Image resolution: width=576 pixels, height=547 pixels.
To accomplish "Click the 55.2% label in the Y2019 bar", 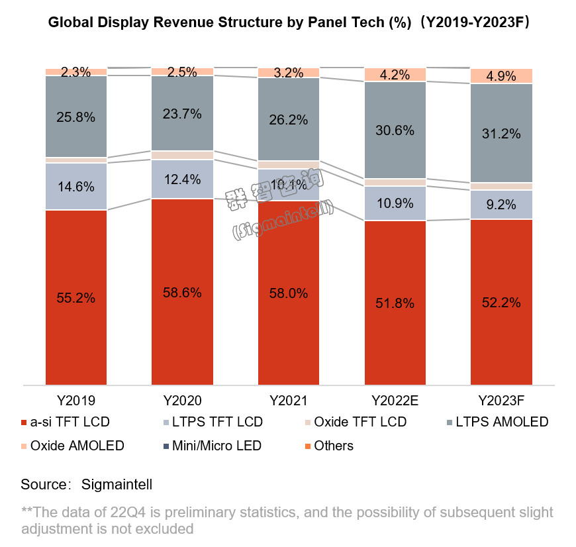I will pos(76,298).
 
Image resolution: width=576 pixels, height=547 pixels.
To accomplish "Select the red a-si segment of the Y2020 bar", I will pos(182,331).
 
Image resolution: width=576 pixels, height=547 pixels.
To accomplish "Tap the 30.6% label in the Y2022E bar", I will pos(395,130).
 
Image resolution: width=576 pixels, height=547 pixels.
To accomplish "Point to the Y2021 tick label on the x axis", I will pos(289,400).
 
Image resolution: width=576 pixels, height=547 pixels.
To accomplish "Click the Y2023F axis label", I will pos(501,400).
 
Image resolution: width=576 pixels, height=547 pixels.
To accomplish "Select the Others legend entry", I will pos(327,446).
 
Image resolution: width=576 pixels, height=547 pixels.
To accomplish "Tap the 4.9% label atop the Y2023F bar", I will pos(501,76).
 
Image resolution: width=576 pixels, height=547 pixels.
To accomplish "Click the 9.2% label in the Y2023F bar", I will pos(501,205).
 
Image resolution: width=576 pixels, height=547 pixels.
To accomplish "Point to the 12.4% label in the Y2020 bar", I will pos(182,179).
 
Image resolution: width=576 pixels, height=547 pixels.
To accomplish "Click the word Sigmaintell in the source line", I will pos(117,484).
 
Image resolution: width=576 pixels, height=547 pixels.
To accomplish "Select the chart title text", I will pos(288,23).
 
